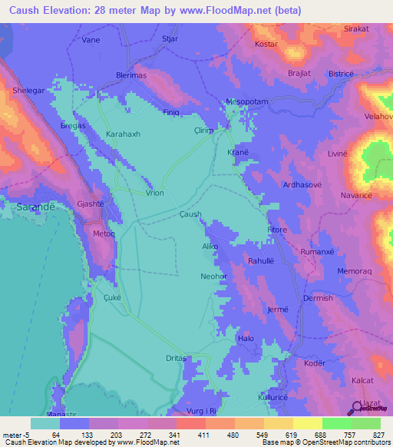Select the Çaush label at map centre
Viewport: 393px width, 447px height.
[190, 215]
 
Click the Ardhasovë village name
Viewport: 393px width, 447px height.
[306, 185]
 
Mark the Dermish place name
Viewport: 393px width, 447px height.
[318, 298]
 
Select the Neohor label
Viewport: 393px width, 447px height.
[213, 275]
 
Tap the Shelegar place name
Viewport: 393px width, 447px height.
[29, 90]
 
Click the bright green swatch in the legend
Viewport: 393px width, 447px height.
[336, 423]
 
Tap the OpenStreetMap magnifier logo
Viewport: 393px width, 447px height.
[356, 407]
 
